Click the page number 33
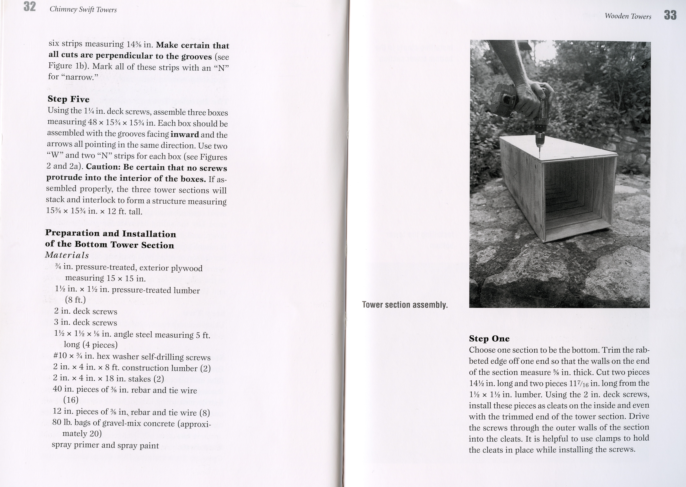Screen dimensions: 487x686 tap(670, 15)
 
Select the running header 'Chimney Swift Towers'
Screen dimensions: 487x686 tap(83, 10)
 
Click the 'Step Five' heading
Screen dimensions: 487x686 tap(68, 99)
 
